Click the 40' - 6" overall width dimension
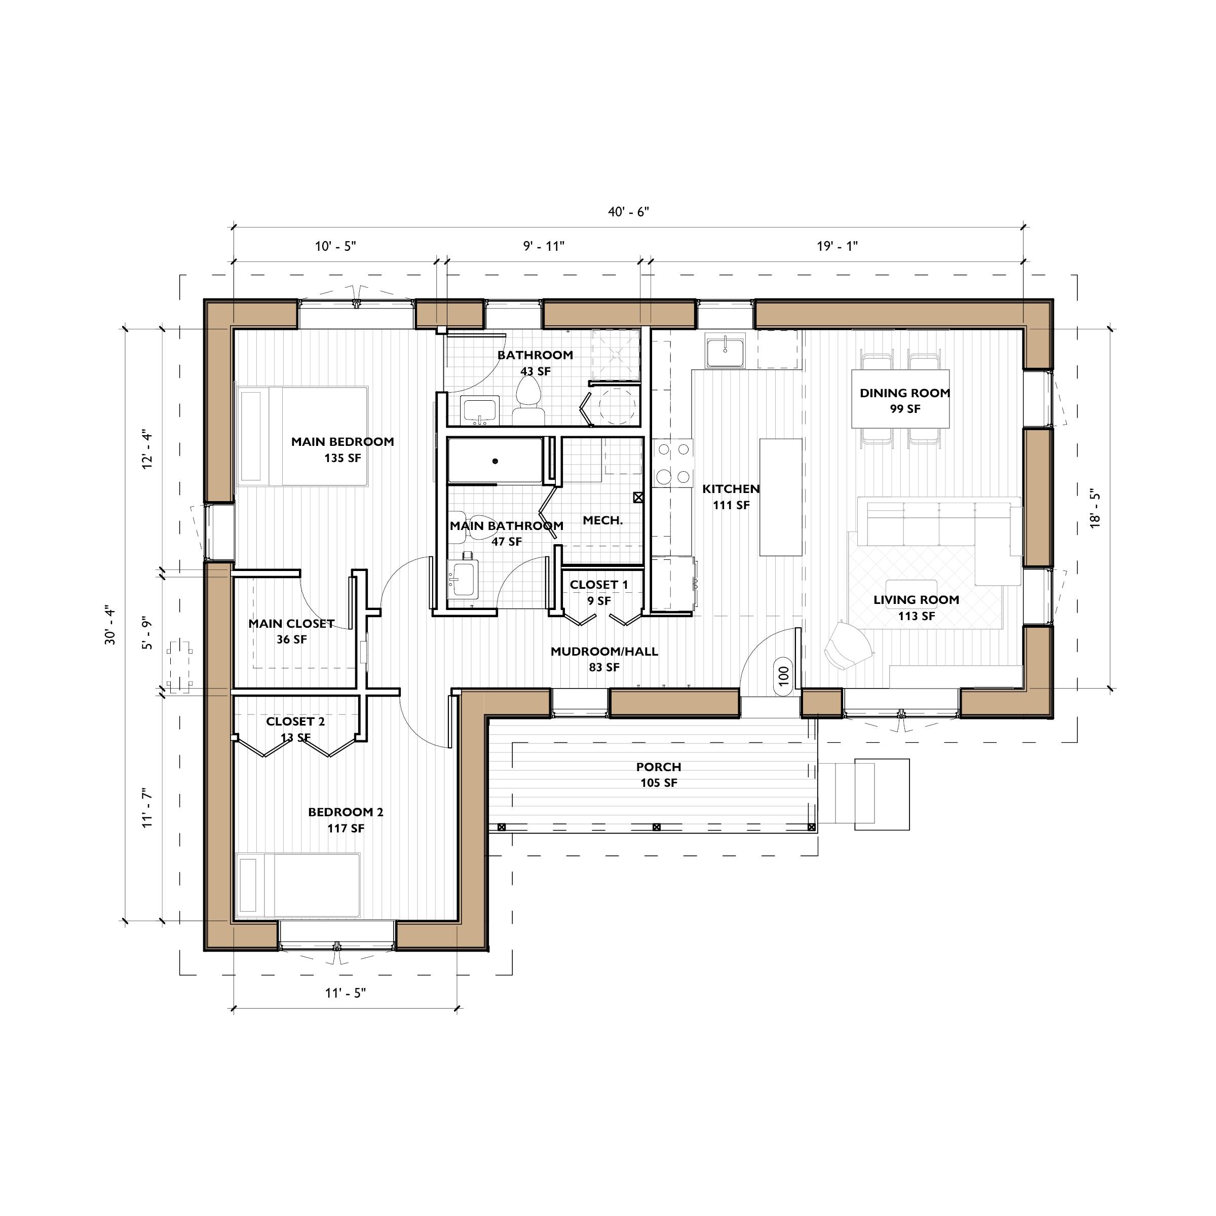point(628,212)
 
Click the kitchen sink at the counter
point(725,351)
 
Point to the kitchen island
point(780,497)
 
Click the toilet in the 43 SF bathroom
point(528,400)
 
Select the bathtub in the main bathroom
point(496,461)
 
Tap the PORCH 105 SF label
point(658,774)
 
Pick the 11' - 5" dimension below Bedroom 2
point(345,993)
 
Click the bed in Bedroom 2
point(298,885)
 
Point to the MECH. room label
point(602,520)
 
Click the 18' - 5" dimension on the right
point(1095,509)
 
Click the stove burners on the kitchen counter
point(672,463)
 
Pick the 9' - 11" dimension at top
point(544,246)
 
